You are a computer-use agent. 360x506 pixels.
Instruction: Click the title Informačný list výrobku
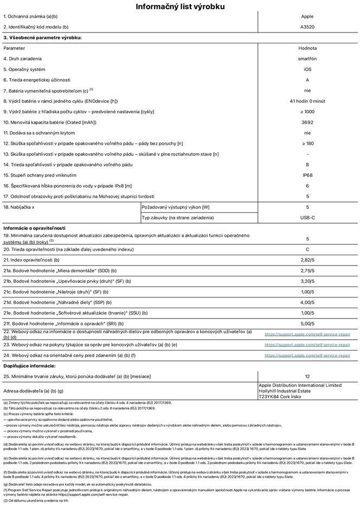coord(180,7)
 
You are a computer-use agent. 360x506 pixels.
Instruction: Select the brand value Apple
coord(307,17)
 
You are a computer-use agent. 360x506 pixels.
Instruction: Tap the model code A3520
coord(307,27)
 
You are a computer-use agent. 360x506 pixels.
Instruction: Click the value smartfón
coord(307,59)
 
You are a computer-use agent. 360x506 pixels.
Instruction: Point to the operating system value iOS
coord(307,69)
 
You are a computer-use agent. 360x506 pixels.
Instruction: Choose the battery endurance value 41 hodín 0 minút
coord(307,101)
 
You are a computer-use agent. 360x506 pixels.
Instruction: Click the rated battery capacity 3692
coord(307,122)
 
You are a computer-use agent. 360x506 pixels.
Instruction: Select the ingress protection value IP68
coord(307,176)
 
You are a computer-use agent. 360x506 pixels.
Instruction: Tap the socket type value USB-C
coord(307,218)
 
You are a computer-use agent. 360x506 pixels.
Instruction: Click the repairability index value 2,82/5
coord(307,260)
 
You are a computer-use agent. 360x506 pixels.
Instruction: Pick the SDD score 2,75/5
coord(307,270)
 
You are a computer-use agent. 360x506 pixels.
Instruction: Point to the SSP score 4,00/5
coord(307,302)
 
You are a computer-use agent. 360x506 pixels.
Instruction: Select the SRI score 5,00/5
coord(307,323)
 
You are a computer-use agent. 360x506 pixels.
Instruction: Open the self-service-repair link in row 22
coord(307,334)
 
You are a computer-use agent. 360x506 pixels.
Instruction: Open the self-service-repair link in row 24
coord(307,355)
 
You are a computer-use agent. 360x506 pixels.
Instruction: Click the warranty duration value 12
coord(307,376)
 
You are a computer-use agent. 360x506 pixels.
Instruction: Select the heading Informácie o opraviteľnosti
coord(35,229)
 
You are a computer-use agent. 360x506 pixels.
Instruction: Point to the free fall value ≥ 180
coord(307,144)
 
